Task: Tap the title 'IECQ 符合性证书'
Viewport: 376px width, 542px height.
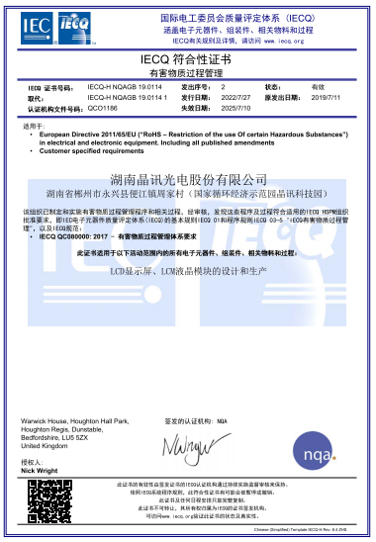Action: (187, 61)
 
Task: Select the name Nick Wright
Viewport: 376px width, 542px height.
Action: (42, 471)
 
